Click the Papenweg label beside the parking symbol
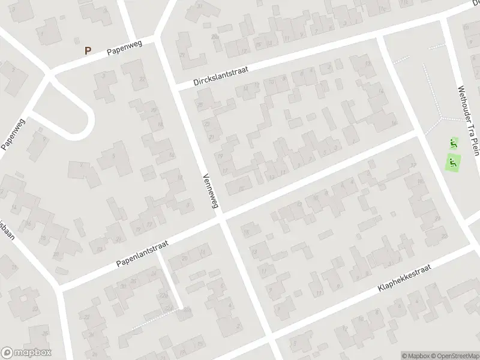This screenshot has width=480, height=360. coord(124,50)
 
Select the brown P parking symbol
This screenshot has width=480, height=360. coord(88,51)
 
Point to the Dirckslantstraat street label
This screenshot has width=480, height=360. coord(220,77)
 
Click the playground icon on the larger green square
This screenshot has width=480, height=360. coord(454,161)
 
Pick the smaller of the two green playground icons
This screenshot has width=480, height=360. coord(454,143)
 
